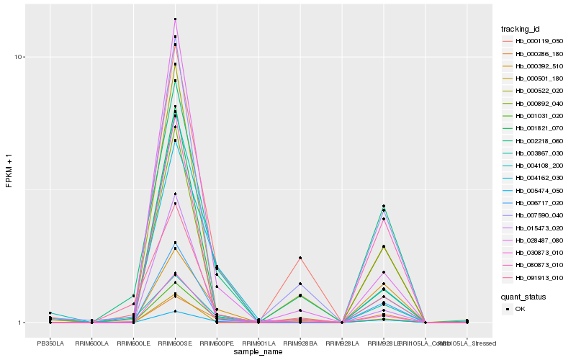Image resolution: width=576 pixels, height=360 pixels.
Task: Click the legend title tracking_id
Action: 521,29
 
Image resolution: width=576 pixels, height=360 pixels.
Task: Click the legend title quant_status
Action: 523,296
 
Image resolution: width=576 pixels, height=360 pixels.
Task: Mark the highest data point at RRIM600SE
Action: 176,19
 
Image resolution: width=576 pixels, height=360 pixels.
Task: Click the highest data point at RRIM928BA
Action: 300,258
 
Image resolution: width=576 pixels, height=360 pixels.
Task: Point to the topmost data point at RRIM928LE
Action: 384,206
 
